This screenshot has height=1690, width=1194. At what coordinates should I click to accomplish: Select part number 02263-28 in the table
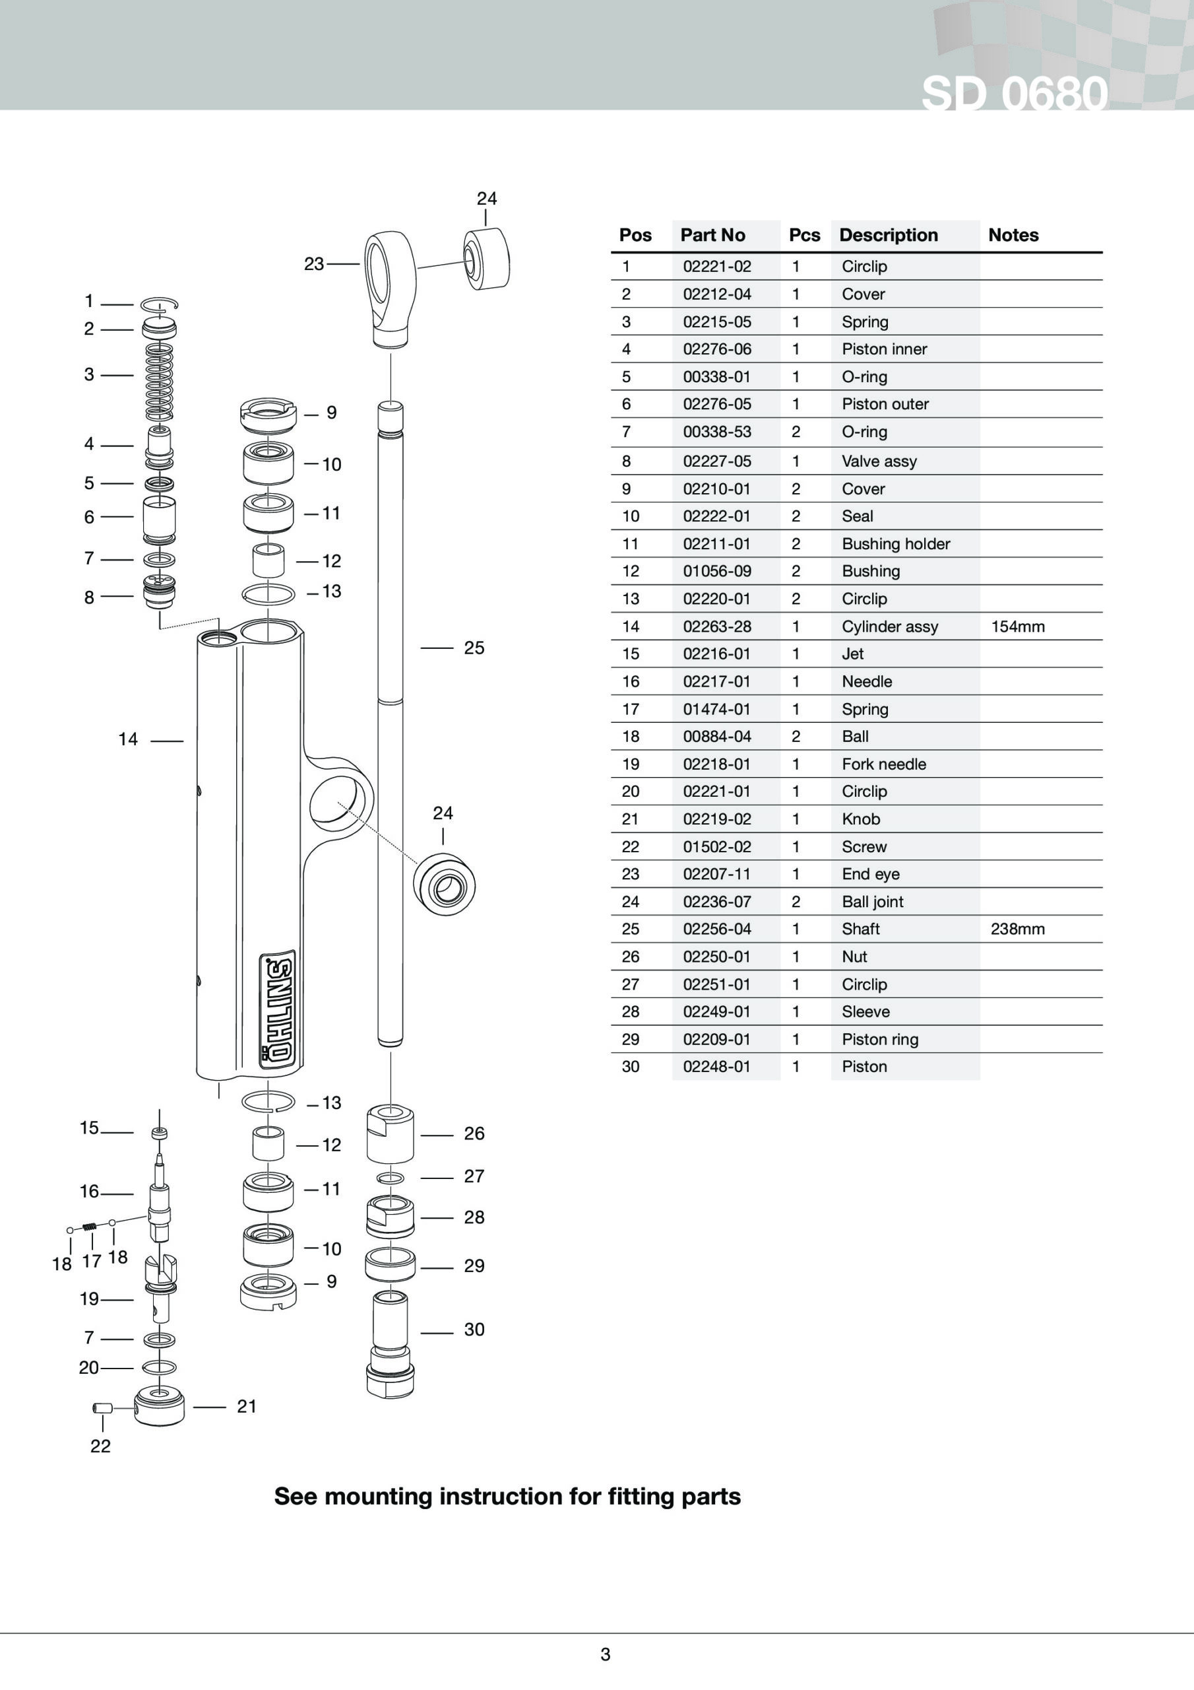click(x=716, y=626)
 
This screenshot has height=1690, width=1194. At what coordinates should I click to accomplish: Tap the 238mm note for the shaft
click(x=1017, y=929)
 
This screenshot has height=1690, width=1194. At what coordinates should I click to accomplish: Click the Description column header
click(x=888, y=235)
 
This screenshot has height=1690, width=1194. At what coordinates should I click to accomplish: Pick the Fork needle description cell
click(x=883, y=764)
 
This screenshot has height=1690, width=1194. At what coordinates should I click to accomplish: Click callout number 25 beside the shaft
click(x=474, y=648)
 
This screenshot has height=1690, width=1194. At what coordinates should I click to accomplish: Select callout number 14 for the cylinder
click(x=128, y=739)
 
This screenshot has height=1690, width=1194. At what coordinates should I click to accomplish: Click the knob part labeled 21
click(x=159, y=1407)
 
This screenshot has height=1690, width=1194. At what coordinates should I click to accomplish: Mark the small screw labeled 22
click(x=102, y=1408)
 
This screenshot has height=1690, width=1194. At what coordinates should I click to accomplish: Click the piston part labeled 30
click(x=390, y=1344)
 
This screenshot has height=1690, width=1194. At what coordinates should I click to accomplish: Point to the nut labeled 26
click(x=390, y=1134)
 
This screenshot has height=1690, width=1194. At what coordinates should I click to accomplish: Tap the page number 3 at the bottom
click(x=605, y=1654)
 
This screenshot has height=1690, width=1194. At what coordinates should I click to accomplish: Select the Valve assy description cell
click(x=879, y=461)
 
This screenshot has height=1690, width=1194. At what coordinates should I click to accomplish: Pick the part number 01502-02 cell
click(x=716, y=846)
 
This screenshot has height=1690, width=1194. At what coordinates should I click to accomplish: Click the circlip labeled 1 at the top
click(x=160, y=303)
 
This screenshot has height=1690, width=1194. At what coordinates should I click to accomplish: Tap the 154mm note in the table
click(x=1017, y=626)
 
